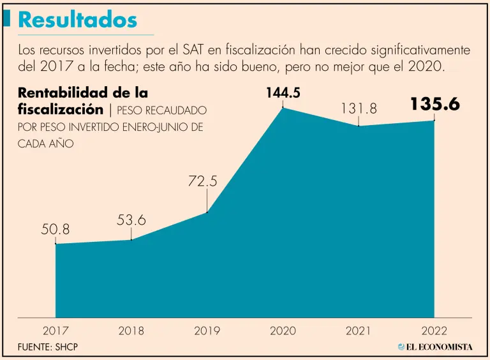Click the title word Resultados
77,20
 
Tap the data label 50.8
56,228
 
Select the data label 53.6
131,220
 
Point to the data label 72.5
203,181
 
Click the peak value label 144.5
283,93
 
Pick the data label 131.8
359,109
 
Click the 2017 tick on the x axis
56,331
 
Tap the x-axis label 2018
131,331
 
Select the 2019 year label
207,331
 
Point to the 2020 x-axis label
283,331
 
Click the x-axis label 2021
359,331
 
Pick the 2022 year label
434,331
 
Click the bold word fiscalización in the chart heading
61,109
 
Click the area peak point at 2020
283,108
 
